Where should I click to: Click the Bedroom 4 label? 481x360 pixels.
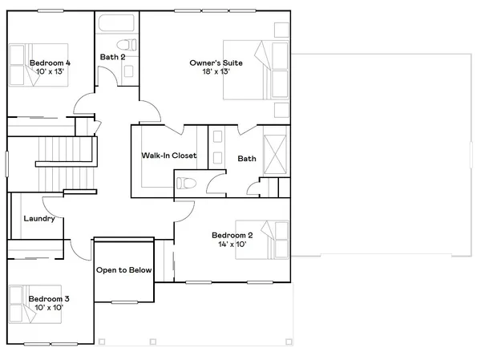pyautogui.click(x=50, y=63)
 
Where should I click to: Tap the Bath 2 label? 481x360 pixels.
pyautogui.click(x=113, y=57)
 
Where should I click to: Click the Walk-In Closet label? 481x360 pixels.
pyautogui.click(x=169, y=156)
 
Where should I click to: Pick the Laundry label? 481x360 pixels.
pyautogui.click(x=38, y=219)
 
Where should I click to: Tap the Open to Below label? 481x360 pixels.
pyautogui.click(x=124, y=270)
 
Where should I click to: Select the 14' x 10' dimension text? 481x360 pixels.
pyautogui.click(x=232, y=245)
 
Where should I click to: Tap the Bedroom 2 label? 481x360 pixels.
pyautogui.click(x=232, y=235)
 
